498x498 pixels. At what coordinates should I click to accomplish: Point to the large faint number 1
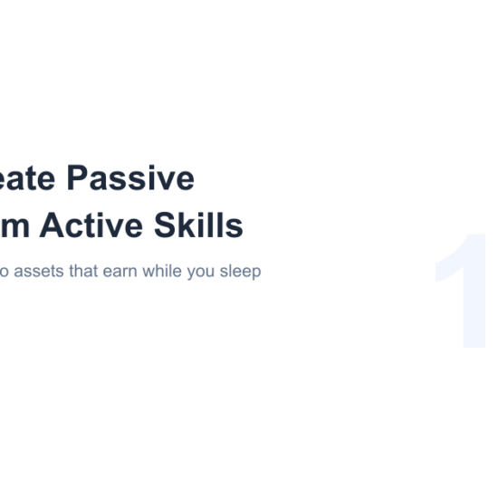[462, 292]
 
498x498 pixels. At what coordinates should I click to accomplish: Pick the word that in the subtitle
[83, 272]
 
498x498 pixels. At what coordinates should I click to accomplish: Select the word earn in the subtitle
[119, 272]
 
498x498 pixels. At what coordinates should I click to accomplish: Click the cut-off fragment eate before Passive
[30, 178]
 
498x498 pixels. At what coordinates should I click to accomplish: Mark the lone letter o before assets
[5, 272]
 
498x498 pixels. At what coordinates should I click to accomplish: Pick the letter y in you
[190, 273]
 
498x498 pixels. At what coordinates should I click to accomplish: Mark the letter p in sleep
[256, 273]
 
